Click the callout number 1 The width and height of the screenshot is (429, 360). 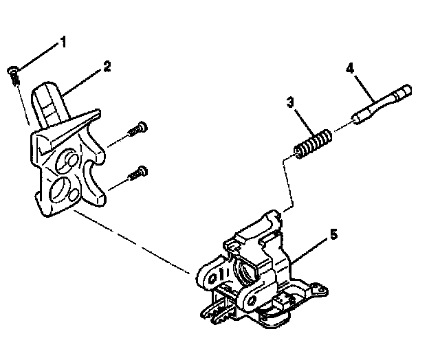click(x=63, y=43)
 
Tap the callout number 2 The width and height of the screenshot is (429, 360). click(x=107, y=67)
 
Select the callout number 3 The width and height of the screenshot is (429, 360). click(x=291, y=104)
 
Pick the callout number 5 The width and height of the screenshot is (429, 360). click(x=333, y=234)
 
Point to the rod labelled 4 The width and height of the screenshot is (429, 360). click(x=382, y=104)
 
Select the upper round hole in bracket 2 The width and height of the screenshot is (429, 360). click(x=69, y=159)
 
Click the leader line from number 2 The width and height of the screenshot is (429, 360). click(x=83, y=80)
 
